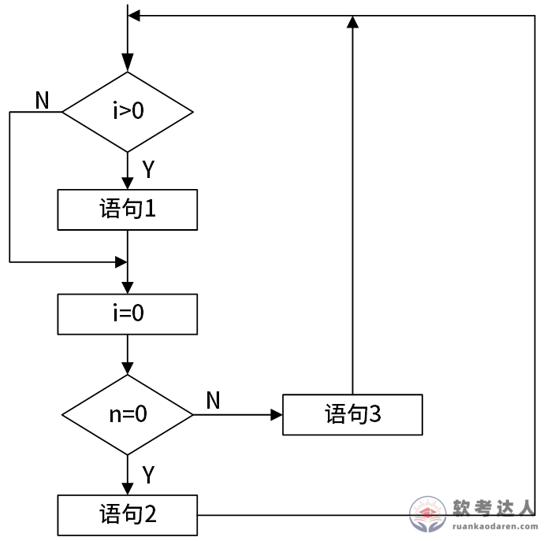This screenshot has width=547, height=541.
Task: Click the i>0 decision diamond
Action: pos(127,112)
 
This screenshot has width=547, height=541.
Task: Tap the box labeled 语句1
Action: pos(127,209)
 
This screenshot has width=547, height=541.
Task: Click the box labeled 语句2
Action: pos(127,515)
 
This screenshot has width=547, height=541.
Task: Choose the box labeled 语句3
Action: pos(352,414)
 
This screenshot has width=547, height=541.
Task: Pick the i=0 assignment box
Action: pos(127,314)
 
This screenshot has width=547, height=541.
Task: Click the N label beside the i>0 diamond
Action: pos(42,100)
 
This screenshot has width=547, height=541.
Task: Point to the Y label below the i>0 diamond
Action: pos(147,169)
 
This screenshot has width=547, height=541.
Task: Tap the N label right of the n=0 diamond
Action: pos(213,400)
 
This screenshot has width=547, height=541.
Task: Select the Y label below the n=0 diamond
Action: pos(147,474)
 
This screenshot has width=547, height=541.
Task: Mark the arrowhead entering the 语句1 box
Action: pos(127,182)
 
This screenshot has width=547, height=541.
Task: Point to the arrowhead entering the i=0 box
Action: pos(127,287)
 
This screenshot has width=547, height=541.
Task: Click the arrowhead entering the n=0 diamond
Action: pos(127,368)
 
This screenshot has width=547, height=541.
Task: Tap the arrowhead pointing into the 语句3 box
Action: pos(276,414)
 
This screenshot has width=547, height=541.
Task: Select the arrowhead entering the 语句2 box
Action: pos(127,487)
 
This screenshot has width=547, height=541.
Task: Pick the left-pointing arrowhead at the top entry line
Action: pos(135,16)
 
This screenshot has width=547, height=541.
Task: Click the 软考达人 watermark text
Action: pos(494,507)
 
